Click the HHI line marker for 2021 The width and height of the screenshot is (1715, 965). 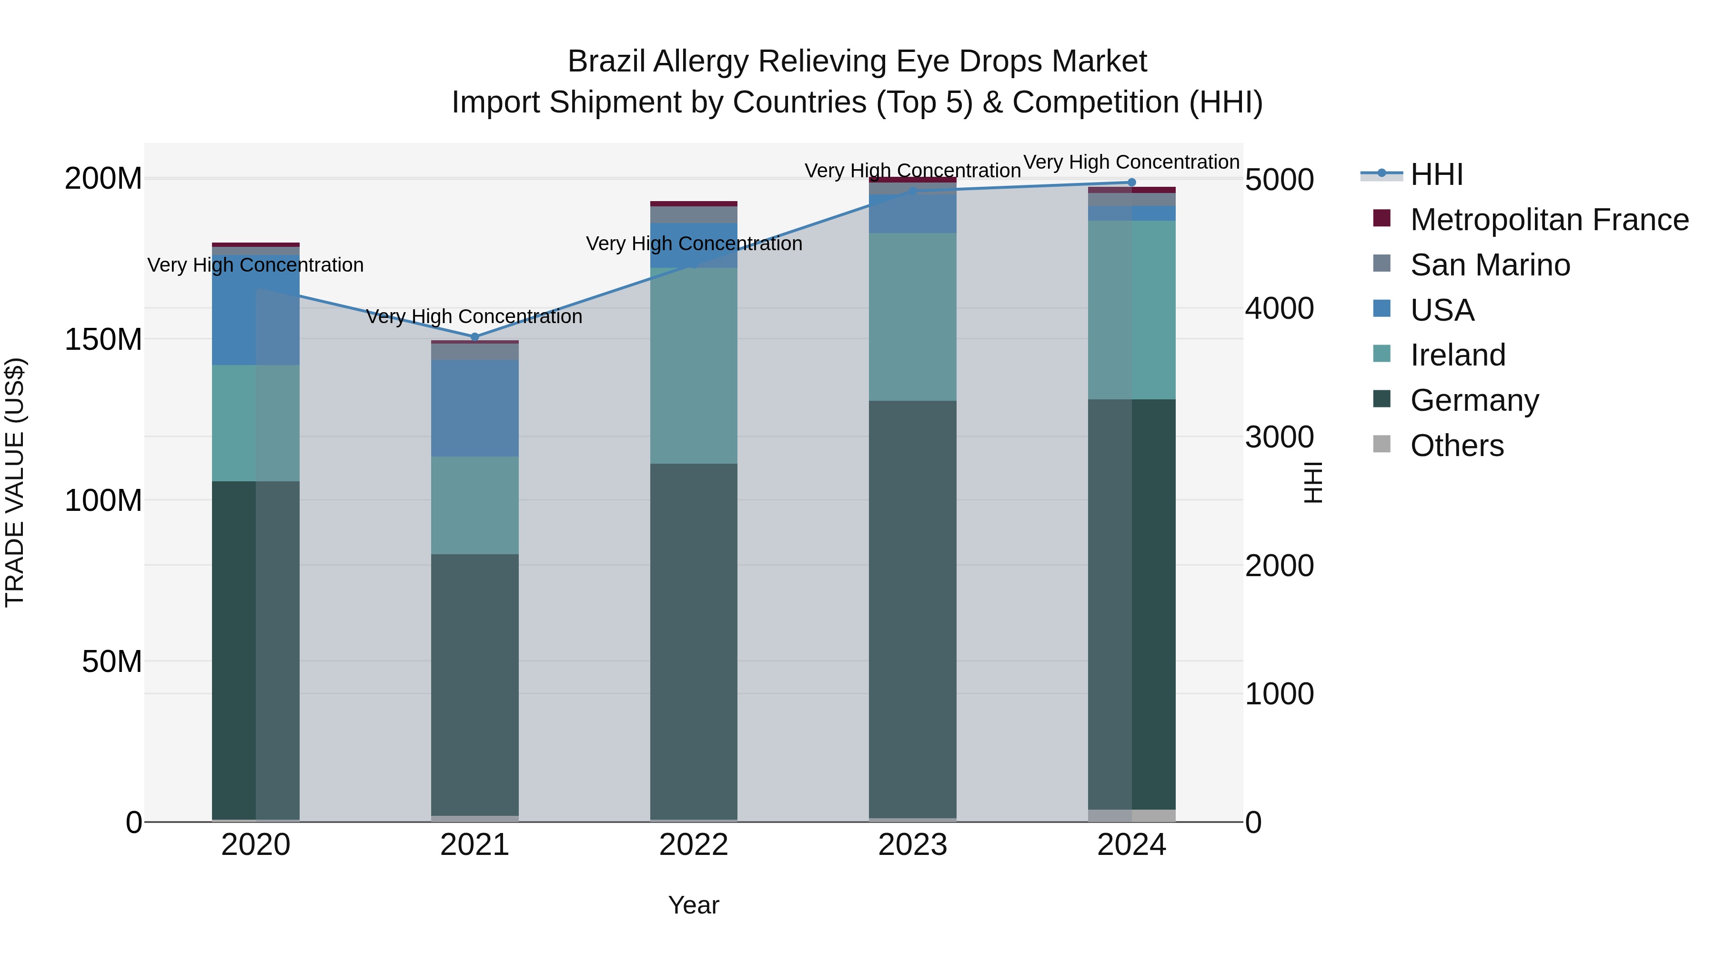[474, 337]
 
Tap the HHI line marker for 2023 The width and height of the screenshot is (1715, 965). [913, 191]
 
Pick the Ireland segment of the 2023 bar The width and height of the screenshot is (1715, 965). [913, 316]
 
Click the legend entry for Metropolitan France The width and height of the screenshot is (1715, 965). [1549, 220]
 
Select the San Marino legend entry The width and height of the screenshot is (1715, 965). [1490, 265]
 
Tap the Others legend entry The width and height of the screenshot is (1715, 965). [1457, 446]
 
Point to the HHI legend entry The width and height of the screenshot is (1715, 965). [1437, 174]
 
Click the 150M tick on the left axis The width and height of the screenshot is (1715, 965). [103, 340]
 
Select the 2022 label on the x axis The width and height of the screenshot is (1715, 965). [694, 845]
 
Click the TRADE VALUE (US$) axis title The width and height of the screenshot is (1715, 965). [15, 482]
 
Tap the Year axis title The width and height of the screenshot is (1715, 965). [694, 905]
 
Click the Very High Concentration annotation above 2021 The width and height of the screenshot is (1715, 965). [474, 316]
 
